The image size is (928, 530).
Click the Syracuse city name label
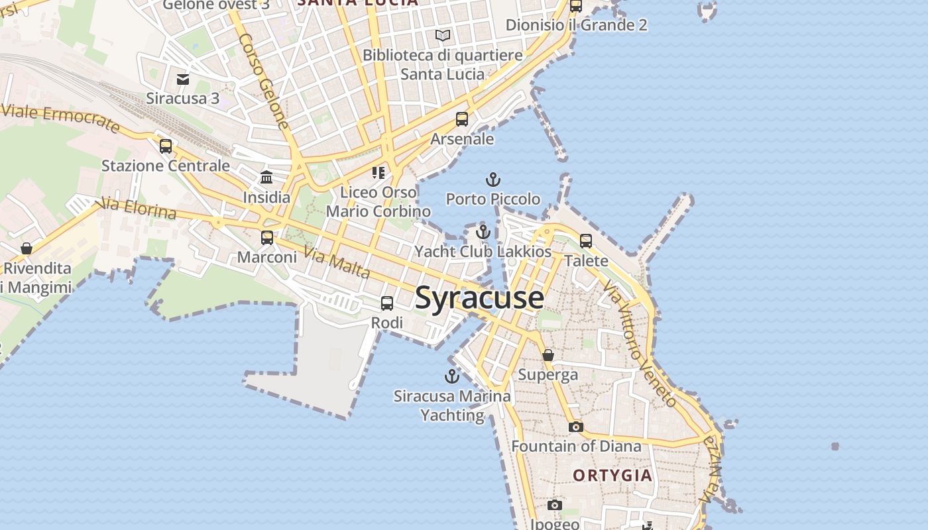pyautogui.click(x=479, y=298)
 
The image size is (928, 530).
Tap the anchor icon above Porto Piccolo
pyautogui.click(x=493, y=179)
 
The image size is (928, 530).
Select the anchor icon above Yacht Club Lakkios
pyautogui.click(x=483, y=232)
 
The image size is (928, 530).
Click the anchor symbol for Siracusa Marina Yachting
pyautogui.click(x=451, y=376)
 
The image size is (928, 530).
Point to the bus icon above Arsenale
pyautogui.click(x=462, y=119)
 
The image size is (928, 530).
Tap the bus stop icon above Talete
pyautogui.click(x=586, y=241)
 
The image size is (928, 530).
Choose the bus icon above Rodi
pyautogui.click(x=387, y=303)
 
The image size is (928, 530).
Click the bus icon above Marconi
pyautogui.click(x=267, y=237)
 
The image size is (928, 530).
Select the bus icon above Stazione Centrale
pyautogui.click(x=166, y=146)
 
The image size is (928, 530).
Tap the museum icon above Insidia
pyautogui.click(x=266, y=177)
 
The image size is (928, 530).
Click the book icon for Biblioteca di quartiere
pyautogui.click(x=443, y=35)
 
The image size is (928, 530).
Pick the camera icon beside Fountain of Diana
pyautogui.click(x=576, y=427)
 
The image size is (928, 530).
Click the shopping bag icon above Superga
pyautogui.click(x=548, y=355)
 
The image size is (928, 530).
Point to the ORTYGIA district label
pyautogui.click(x=612, y=475)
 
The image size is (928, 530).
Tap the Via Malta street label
pyautogui.click(x=337, y=262)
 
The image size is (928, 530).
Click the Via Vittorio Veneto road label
pyautogui.click(x=640, y=343)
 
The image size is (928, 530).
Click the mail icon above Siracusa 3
pyautogui.click(x=183, y=79)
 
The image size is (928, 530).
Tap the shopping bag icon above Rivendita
pyautogui.click(x=27, y=248)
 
